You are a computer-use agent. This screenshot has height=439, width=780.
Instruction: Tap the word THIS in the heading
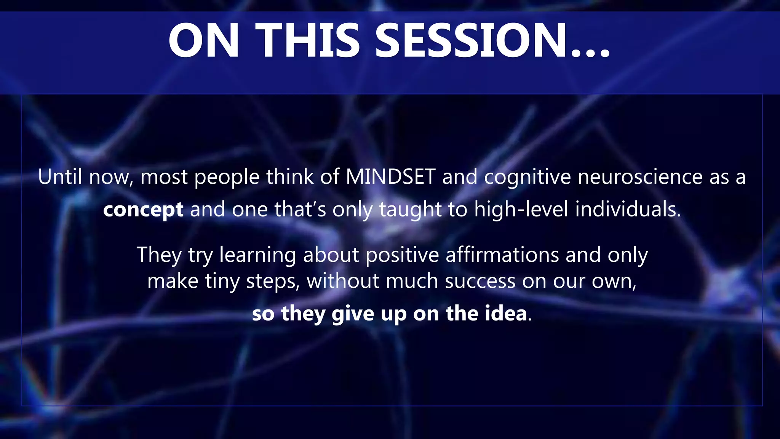coord(308,41)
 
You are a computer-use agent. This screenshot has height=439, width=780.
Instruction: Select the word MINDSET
coord(390,177)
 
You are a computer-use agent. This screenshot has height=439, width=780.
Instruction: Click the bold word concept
coord(143,210)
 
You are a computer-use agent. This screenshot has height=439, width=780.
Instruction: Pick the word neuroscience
coord(640,177)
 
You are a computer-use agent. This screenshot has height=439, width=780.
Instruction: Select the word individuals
coord(628,210)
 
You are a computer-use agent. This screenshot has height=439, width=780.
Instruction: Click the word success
coord(480,282)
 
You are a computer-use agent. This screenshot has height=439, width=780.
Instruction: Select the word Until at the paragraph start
coord(60,177)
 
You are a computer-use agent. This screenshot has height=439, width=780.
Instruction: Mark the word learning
coord(257,255)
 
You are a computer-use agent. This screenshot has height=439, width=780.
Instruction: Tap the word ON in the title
coord(204,41)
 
